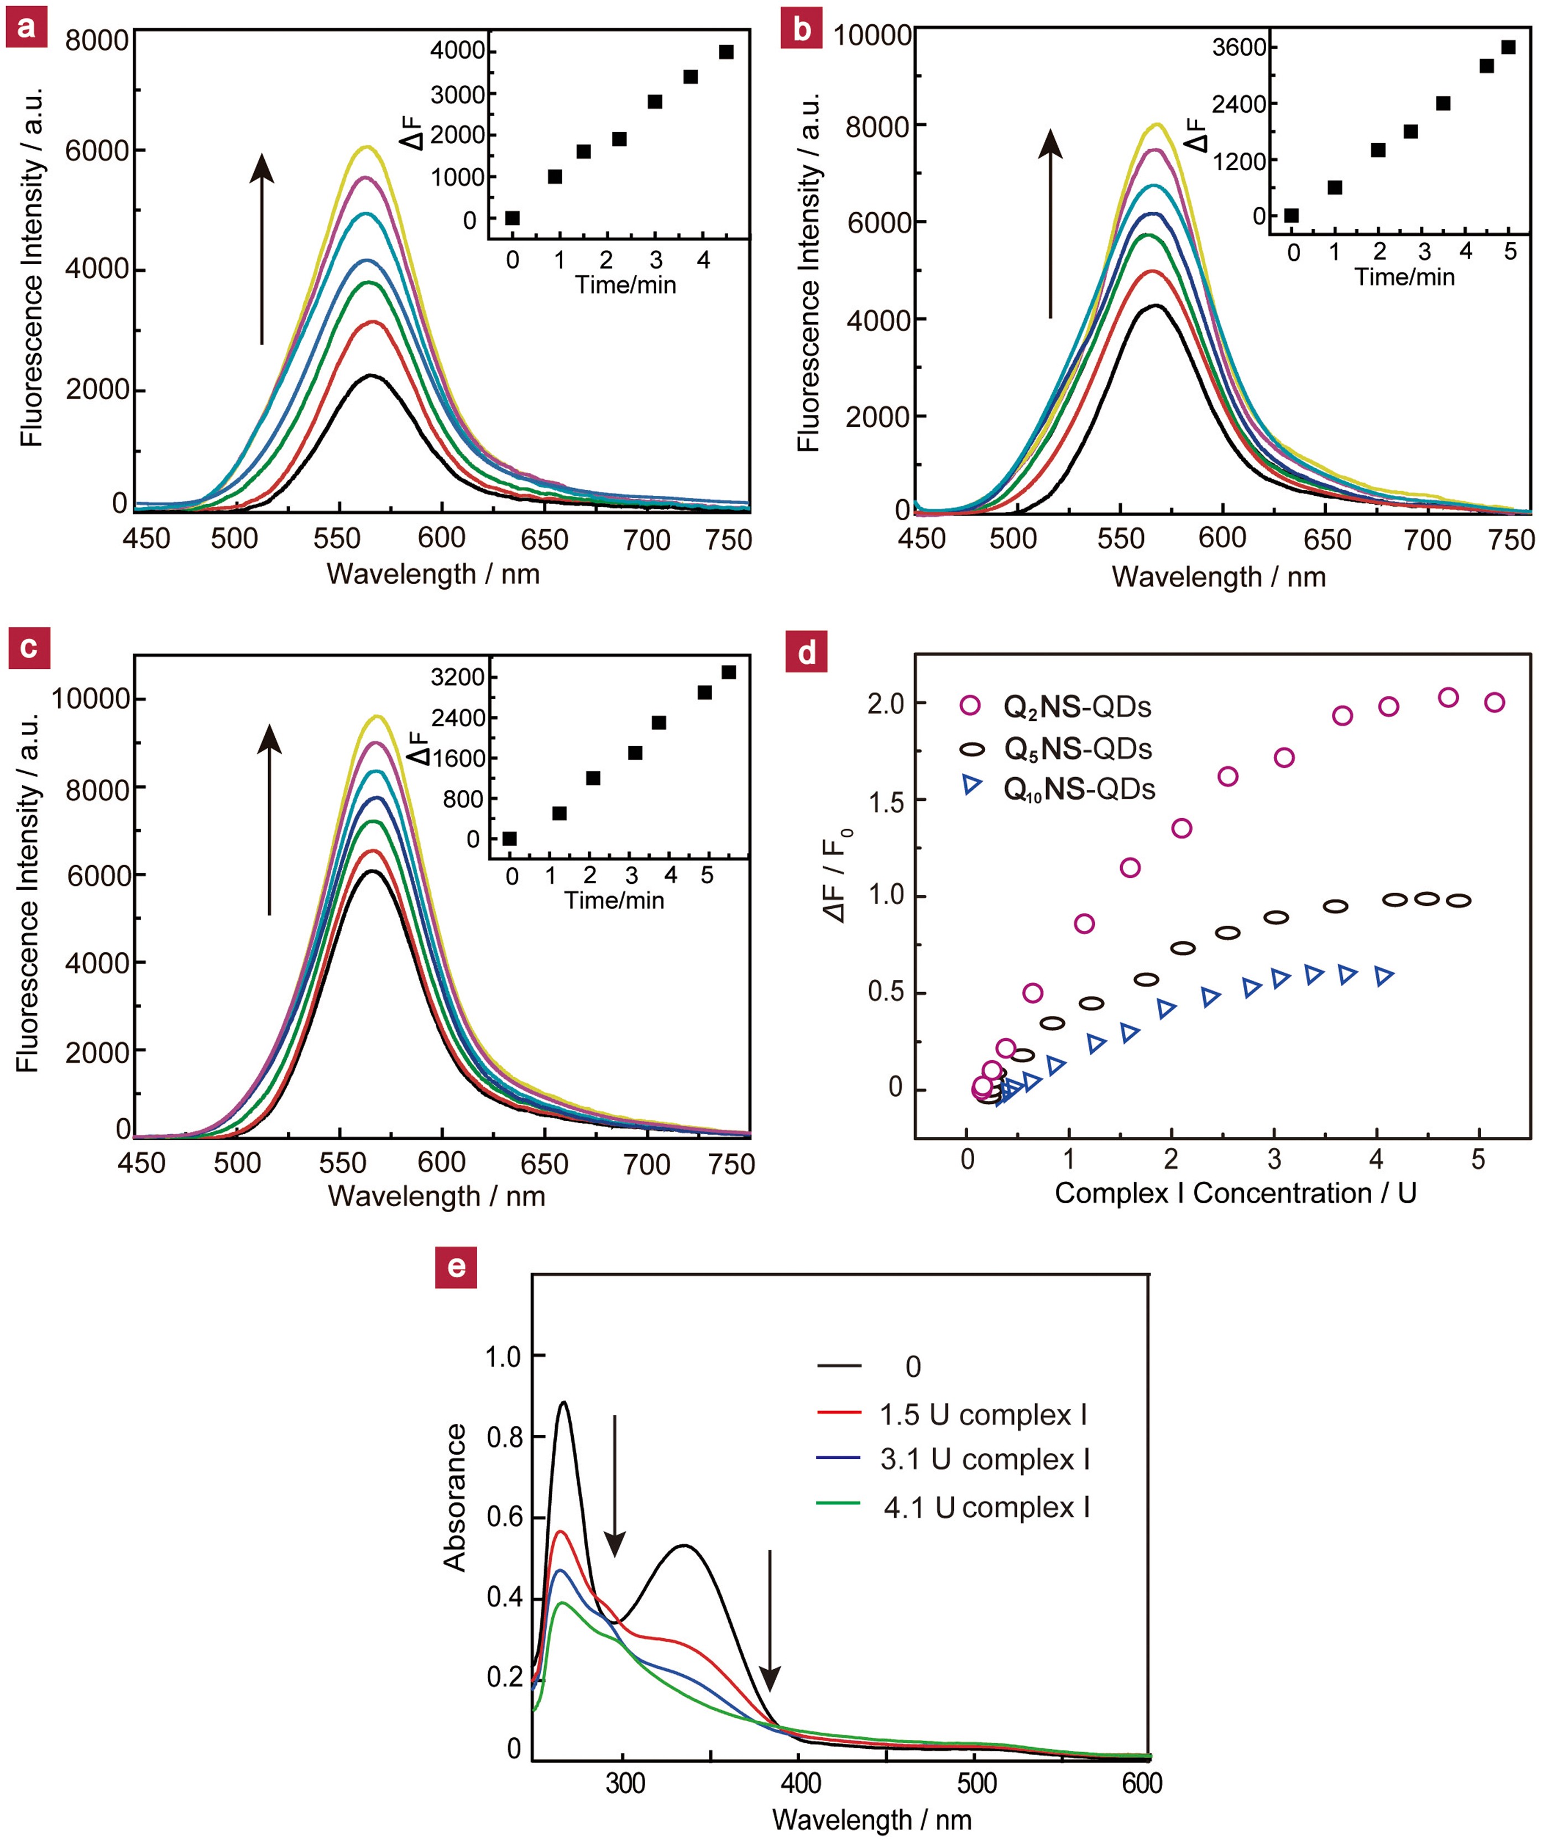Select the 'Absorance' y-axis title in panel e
pyautogui.click(x=454, y=1498)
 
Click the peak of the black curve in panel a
pyautogui.click(x=371, y=376)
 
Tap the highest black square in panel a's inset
pyautogui.click(x=726, y=52)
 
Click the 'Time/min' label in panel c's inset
pyautogui.click(x=614, y=900)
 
